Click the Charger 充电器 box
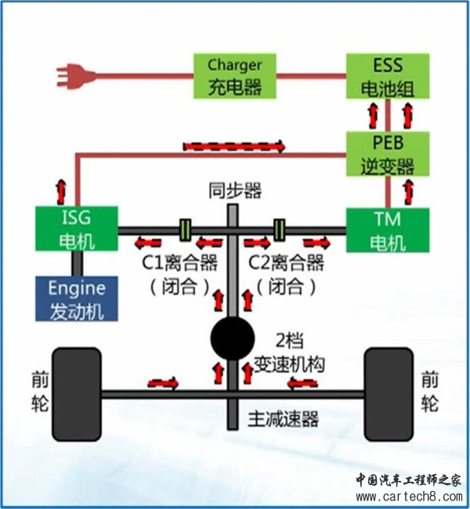[x=234, y=76]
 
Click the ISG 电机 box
[x=77, y=228]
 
